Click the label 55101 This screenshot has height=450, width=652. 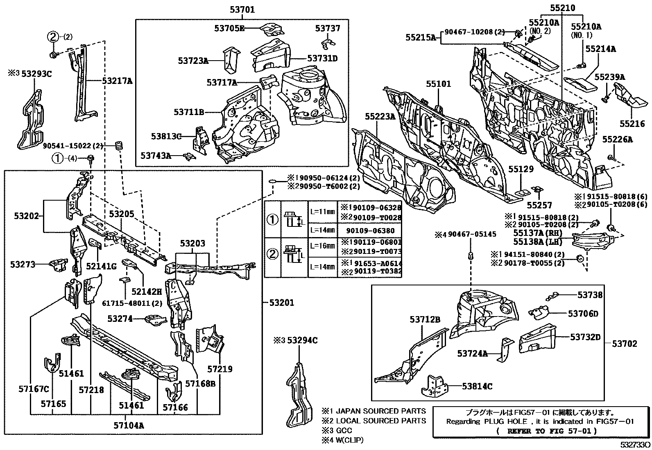(438, 84)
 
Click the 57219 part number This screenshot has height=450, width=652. (220, 369)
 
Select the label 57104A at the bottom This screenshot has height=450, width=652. (129, 425)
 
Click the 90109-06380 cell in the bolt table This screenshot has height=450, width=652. (369, 231)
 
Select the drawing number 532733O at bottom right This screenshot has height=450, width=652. (634, 444)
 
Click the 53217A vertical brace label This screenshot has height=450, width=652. (118, 81)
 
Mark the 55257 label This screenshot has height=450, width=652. (539, 205)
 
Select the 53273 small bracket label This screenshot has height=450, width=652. (23, 265)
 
